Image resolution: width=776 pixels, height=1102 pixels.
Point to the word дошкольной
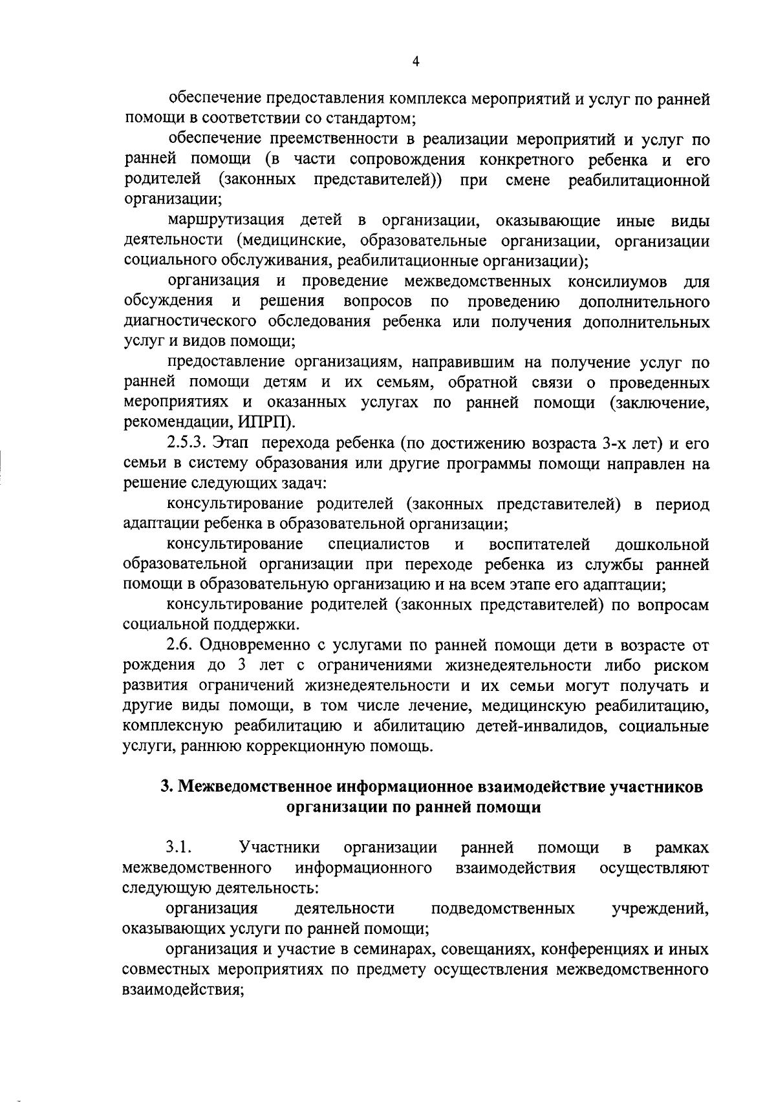point(662,544)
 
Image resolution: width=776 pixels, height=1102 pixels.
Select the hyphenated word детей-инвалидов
point(540,726)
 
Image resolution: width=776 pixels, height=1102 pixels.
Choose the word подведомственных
point(502,908)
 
